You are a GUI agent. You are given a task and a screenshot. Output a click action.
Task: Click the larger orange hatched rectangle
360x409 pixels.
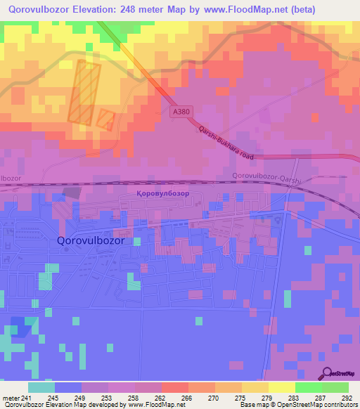(x=84, y=91)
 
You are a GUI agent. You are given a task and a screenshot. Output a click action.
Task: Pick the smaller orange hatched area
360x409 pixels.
(x=105, y=119)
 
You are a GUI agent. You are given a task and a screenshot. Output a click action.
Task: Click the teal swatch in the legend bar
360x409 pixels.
(x=41, y=387)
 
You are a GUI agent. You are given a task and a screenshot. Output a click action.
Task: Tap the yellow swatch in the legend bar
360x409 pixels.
(x=281, y=387)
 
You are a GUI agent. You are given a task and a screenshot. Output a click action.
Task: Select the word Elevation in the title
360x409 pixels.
(x=96, y=10)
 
